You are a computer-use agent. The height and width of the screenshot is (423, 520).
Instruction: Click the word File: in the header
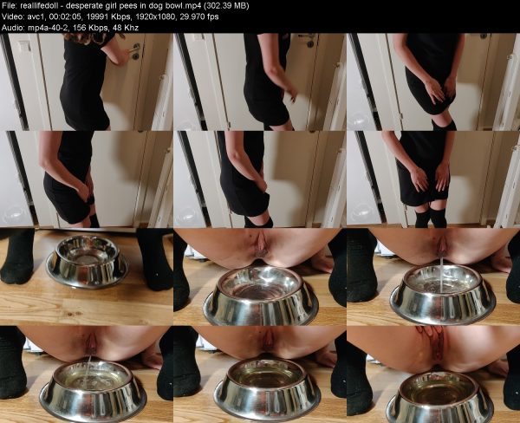pyautogui.click(x=8, y=6)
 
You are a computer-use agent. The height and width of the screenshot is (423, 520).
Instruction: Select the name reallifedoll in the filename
pyautogui.click(x=36, y=6)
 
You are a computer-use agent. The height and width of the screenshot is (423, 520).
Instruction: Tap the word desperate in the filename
pyautogui.click(x=80, y=6)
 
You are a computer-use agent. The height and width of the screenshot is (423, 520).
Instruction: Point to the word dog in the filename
pyautogui.click(x=150, y=6)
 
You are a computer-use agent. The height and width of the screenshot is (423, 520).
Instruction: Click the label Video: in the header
pyautogui.click(x=11, y=16)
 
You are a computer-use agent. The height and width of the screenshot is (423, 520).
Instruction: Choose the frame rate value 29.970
pyautogui.click(x=192, y=17)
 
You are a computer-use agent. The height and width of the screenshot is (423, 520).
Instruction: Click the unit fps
pyautogui.click(x=212, y=17)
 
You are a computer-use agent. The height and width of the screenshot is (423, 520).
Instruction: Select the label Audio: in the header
pyautogui.click(x=13, y=28)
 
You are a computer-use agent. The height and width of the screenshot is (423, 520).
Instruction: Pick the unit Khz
pyautogui.click(x=131, y=28)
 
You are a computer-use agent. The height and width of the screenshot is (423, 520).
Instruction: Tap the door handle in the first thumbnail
pyautogui.click(x=134, y=49)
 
